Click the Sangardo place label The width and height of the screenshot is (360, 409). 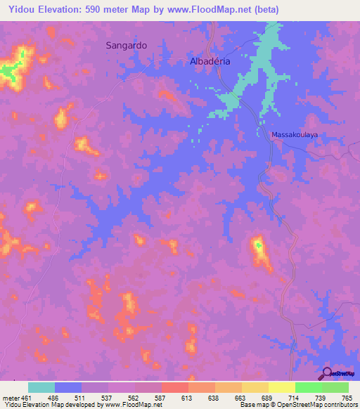[126, 44]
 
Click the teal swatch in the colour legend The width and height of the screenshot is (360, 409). [41, 387]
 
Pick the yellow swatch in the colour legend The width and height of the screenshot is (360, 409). [281, 387]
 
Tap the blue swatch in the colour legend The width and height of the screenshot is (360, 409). [68, 387]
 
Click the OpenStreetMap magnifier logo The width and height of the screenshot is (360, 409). [327, 373]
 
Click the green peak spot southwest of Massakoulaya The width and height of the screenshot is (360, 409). [258, 245]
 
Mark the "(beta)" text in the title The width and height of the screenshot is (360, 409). [265, 10]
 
